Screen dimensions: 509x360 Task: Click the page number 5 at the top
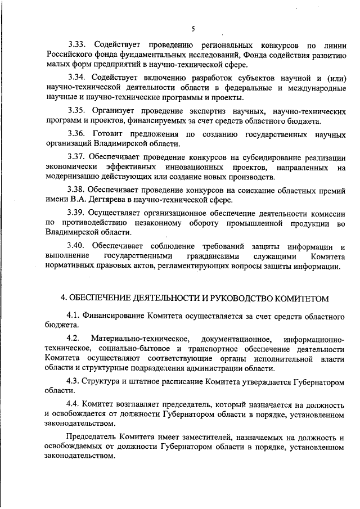192,29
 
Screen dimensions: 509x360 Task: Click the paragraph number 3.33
78,44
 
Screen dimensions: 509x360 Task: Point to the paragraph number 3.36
78,134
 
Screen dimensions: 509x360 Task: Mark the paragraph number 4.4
74,404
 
